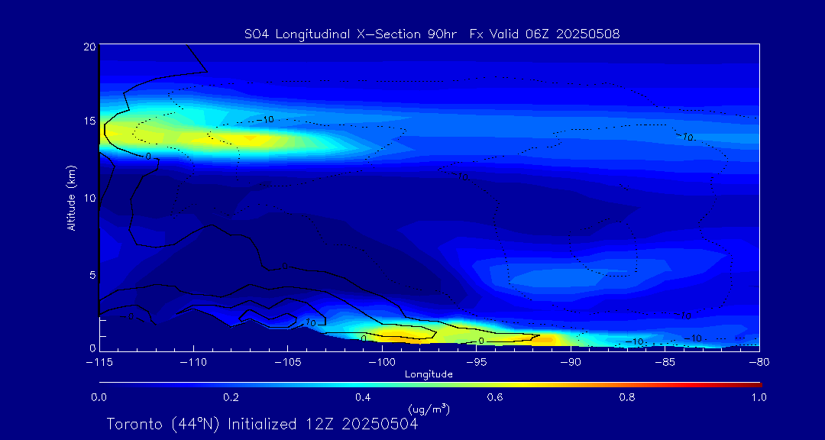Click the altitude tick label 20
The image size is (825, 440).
[89, 47]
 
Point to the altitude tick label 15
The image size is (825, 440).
[89, 121]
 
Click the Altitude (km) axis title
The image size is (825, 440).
[71, 201]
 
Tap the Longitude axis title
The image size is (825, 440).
[429, 374]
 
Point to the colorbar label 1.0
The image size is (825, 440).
[759, 397]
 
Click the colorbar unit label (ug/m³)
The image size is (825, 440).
[429, 409]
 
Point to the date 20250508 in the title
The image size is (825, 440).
[588, 34]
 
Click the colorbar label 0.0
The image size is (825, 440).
[99, 397]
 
